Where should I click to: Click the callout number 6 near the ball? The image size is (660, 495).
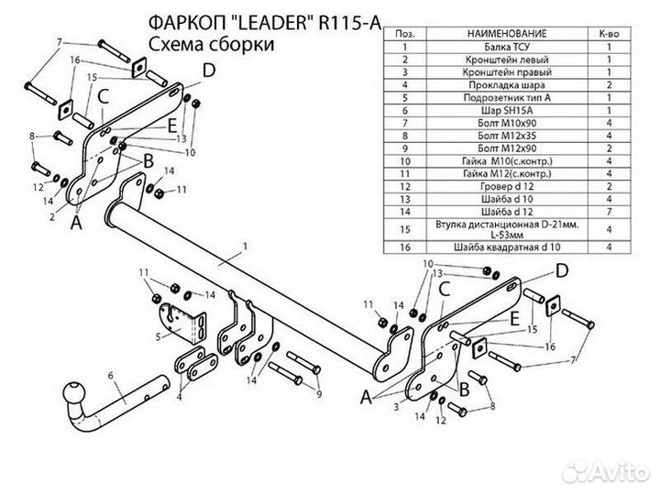tap(109, 375)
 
